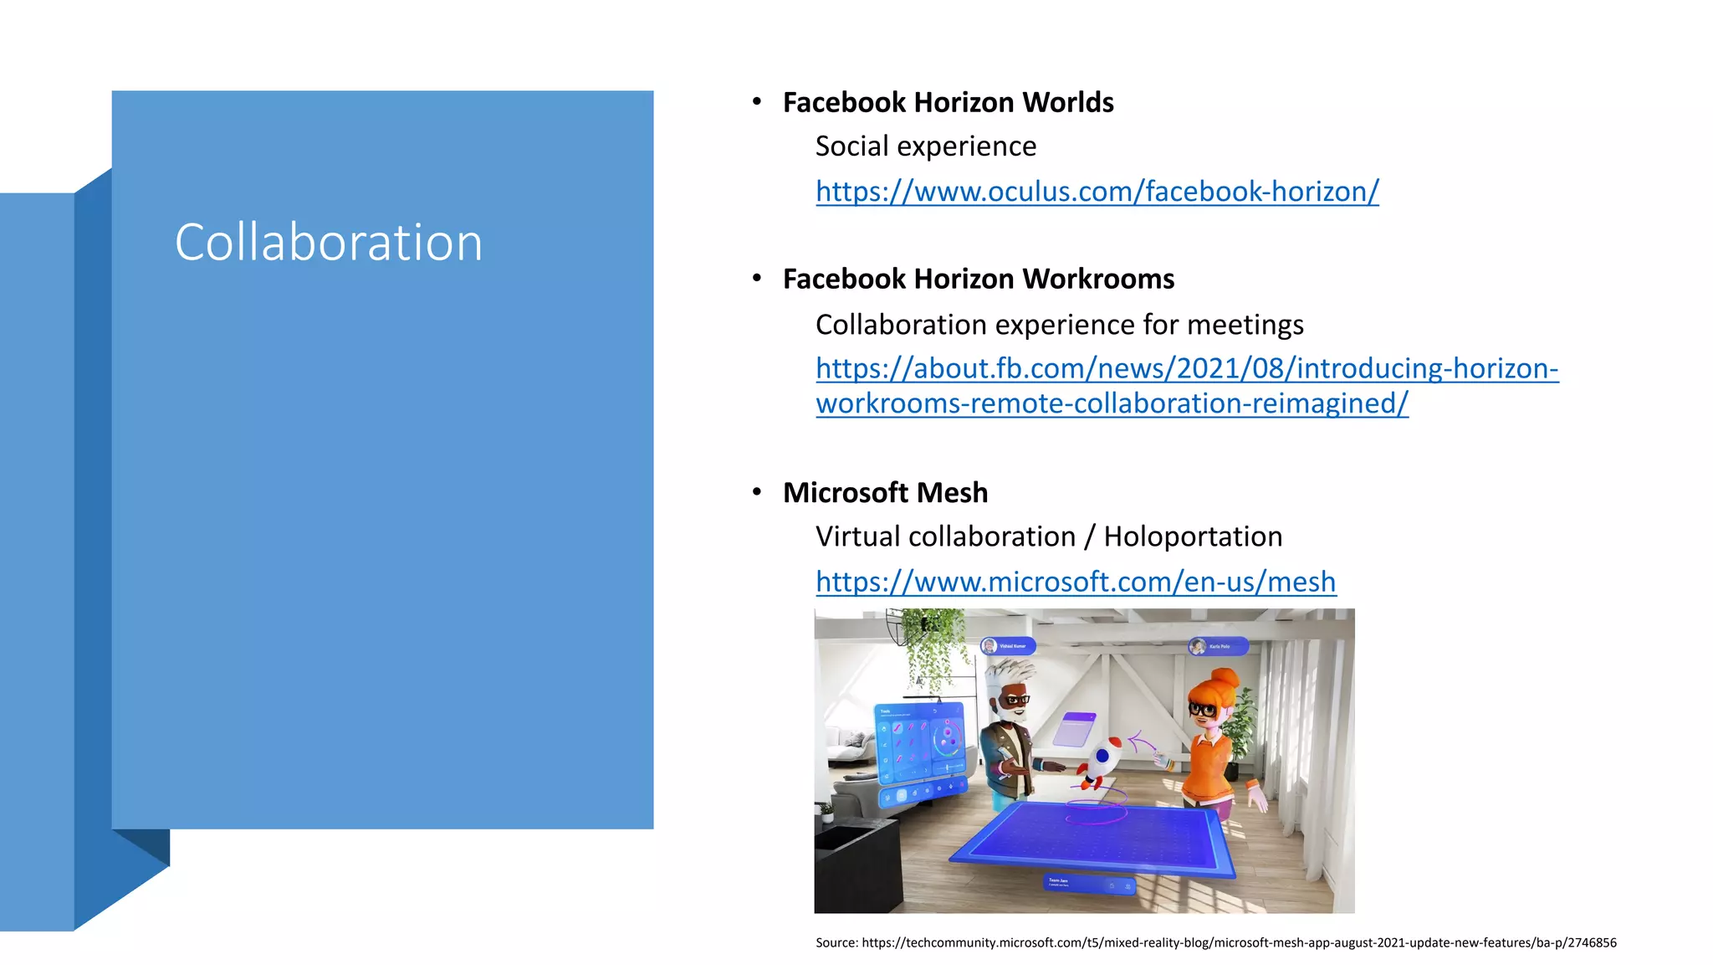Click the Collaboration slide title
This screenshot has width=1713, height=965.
[328, 243]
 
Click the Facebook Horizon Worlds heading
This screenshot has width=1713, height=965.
[948, 102]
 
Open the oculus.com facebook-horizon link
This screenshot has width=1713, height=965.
[1097, 192]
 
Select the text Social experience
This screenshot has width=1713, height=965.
[925, 146]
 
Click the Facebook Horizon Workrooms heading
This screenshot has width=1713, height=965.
[978, 279]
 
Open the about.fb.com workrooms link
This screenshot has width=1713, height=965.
[1186, 369]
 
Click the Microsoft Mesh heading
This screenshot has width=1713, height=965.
[885, 492]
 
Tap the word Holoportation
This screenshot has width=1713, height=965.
[1192, 536]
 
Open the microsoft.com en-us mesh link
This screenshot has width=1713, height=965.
[1075, 582]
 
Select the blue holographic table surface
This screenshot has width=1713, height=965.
[1096, 841]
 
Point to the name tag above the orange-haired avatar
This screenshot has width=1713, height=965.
[1218, 646]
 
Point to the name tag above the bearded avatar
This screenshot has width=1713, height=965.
[1008, 645]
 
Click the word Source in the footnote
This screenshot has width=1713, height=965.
[836, 942]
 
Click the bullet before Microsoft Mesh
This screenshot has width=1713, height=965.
[756, 491]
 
